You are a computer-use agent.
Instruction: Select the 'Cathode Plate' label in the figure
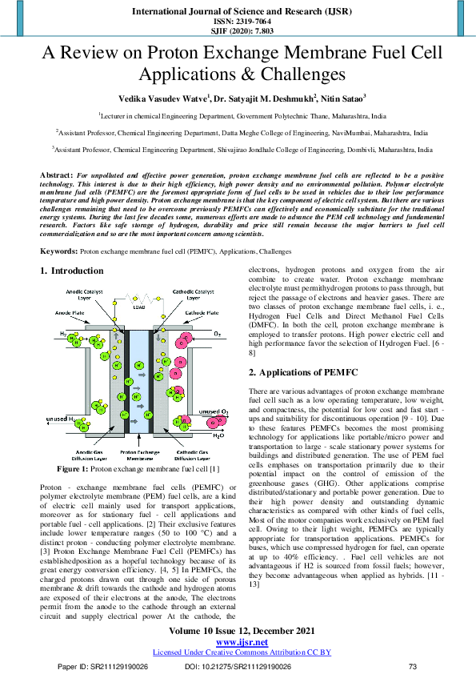coord(198,311)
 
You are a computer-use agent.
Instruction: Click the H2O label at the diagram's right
coord(218,438)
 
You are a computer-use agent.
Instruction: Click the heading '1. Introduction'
coord(72,271)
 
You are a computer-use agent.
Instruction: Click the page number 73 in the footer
coord(413,666)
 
